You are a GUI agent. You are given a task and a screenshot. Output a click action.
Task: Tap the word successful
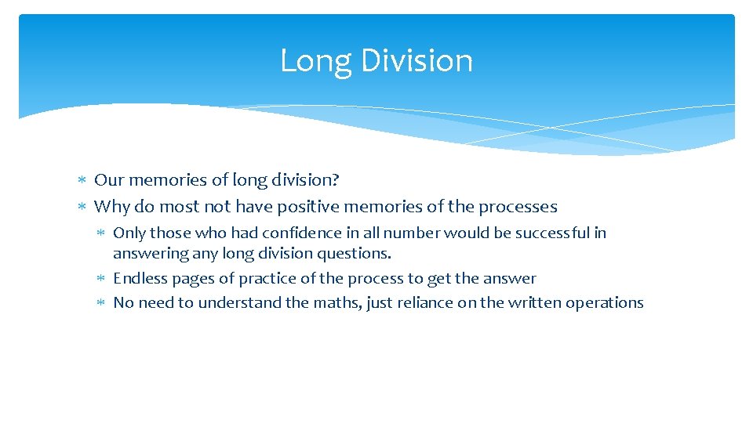551,233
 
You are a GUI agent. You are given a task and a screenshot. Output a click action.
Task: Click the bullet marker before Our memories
83,181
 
